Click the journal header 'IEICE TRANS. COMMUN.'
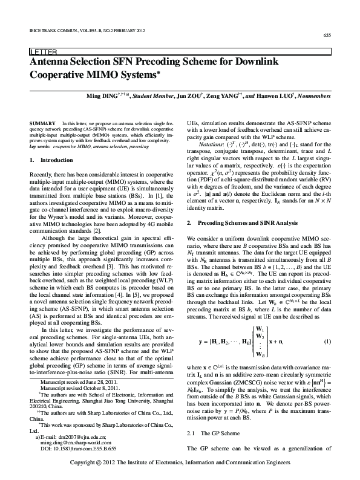50,30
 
